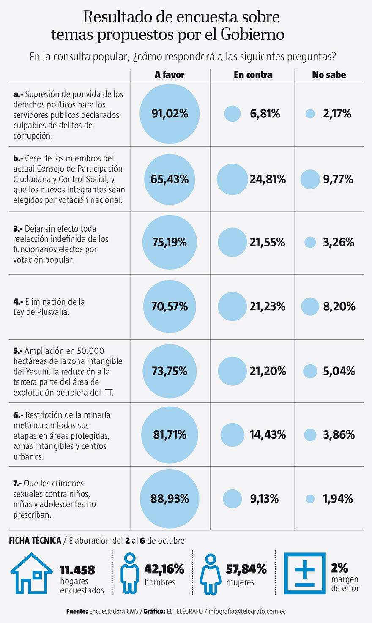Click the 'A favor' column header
point(170,75)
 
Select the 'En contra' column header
point(253,75)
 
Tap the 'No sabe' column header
point(329,75)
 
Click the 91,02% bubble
point(170,114)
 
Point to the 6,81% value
point(265,114)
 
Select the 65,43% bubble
point(170,179)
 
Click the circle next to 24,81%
point(232,179)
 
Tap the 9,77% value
point(338,179)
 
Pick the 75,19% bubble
point(170,242)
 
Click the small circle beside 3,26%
point(310,242)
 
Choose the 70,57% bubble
point(170,306)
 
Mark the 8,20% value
point(339,306)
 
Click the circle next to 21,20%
point(232,371)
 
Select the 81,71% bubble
point(170,435)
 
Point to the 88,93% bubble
point(170,499)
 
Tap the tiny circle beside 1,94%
point(310,499)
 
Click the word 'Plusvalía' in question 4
point(51,312)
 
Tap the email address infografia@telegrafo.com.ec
point(247,611)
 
